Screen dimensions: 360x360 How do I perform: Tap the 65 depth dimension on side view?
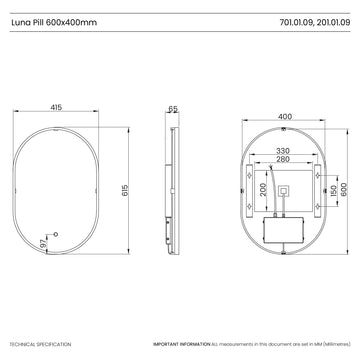coord(172,107)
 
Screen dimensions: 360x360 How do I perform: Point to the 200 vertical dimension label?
coord(262,190)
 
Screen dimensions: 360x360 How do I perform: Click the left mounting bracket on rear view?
coord(248,190)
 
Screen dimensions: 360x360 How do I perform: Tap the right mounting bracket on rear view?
coord(326,190)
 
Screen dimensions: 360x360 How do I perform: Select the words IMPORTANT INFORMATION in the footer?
coord(181,343)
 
